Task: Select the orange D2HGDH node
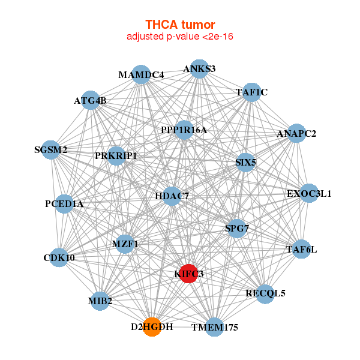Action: pos(152,327)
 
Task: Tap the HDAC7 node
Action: pos(172,196)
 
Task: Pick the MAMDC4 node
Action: pos(141,75)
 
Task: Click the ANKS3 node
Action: pos(199,69)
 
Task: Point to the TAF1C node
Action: pos(252,92)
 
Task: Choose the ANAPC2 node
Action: pos(296,133)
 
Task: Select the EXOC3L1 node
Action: pos(308,193)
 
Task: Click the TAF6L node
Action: pos(301,249)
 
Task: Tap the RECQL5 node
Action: pos(265,293)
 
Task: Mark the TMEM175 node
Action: pos(215,327)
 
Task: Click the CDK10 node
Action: pos(59,258)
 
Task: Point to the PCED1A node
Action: pos(64,204)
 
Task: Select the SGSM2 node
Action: pos(51,149)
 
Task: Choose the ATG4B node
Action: pos(90,100)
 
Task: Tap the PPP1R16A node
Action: pos(184,130)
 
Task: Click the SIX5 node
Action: pos(245,162)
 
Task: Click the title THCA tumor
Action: pos(179,25)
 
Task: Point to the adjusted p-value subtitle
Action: pos(179,37)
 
